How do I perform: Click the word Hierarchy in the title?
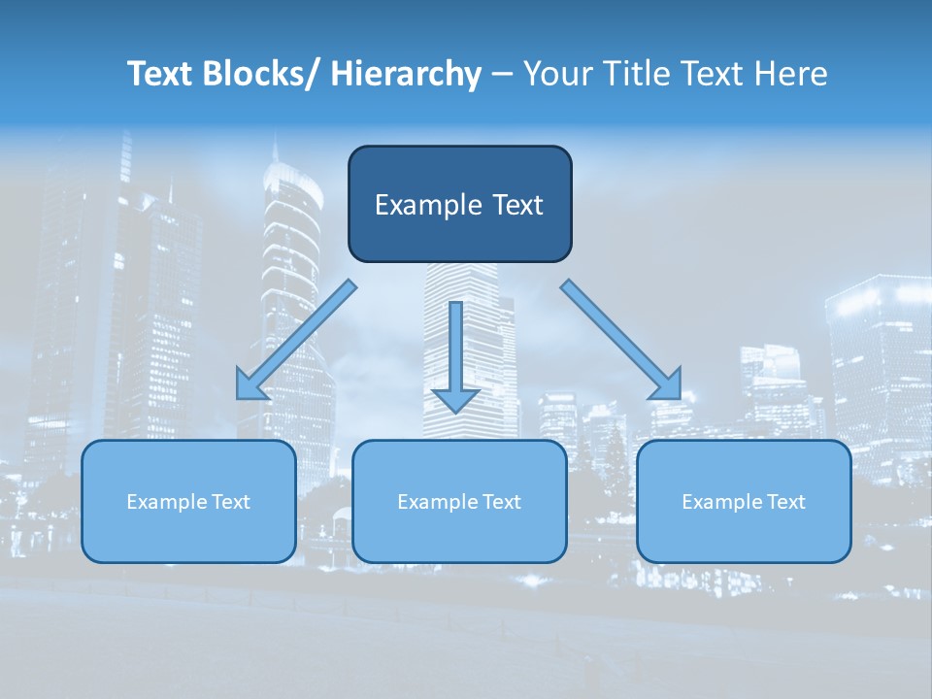405,75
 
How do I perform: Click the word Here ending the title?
791,75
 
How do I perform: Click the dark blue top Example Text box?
459,204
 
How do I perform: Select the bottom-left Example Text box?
188,501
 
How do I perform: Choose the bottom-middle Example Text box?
459,501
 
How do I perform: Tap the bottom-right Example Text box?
744,501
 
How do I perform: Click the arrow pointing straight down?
455,349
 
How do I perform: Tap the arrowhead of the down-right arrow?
668,385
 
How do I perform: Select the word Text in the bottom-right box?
785,502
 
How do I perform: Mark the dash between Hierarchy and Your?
502,75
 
